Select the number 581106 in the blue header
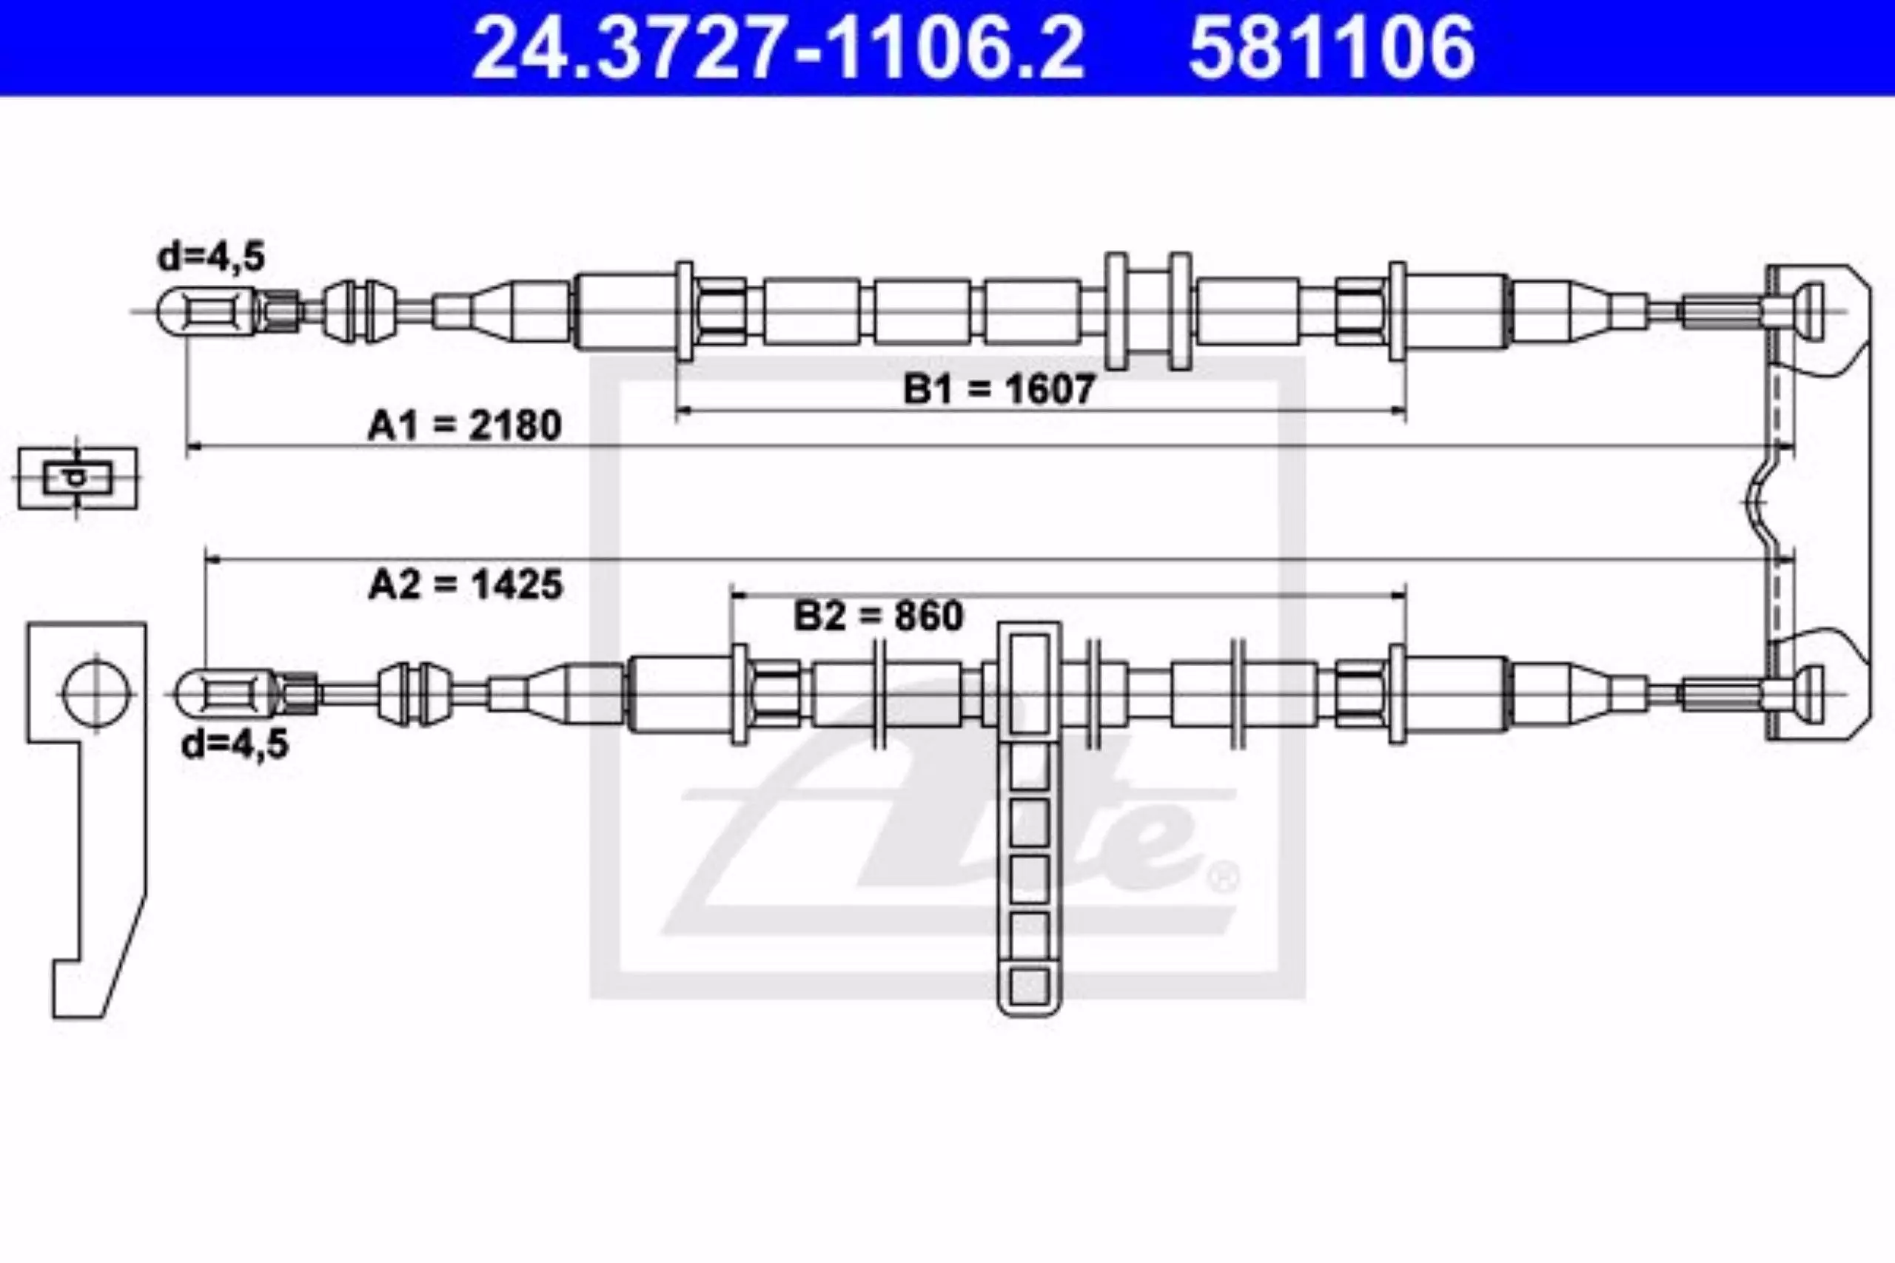point(1332,47)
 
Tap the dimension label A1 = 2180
point(464,425)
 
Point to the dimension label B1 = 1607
point(999,389)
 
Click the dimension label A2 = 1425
point(465,584)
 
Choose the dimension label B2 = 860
point(878,616)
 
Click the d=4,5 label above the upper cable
point(212,257)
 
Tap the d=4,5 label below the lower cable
point(235,744)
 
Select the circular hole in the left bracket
point(97,693)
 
